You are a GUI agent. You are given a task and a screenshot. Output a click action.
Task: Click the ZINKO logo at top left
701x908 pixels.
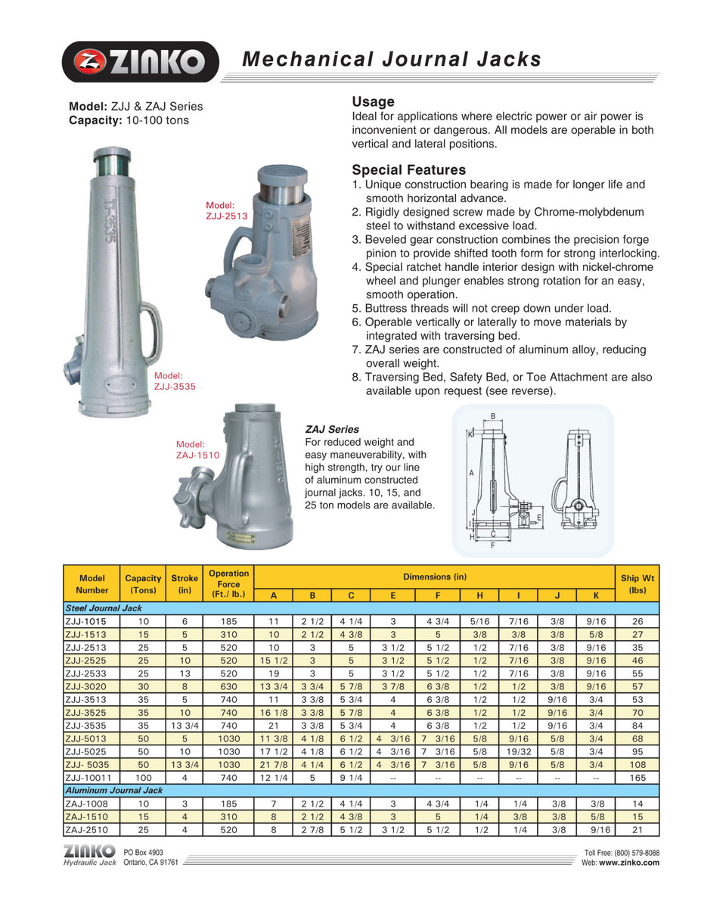(x=141, y=61)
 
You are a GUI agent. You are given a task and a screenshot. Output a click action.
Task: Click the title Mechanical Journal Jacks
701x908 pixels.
(x=391, y=59)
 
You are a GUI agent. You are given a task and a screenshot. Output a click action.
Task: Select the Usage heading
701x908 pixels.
(x=373, y=101)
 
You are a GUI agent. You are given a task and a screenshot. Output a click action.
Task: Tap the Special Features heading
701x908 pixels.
(x=408, y=169)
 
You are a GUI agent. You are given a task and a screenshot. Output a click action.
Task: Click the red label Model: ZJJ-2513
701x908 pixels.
(x=227, y=210)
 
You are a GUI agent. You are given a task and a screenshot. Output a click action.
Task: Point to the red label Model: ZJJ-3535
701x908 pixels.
(x=175, y=380)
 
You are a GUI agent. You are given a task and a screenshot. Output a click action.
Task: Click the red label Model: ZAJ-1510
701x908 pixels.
(x=197, y=449)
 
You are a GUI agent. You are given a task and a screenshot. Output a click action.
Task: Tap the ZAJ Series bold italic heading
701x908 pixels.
(x=331, y=429)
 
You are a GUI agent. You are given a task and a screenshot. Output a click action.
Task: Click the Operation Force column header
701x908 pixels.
(x=228, y=584)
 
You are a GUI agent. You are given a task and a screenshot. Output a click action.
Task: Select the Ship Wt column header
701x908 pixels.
(x=637, y=584)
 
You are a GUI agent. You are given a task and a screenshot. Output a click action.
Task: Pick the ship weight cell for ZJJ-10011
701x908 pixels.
(x=637, y=777)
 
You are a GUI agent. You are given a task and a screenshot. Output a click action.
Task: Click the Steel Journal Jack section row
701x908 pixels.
(x=103, y=608)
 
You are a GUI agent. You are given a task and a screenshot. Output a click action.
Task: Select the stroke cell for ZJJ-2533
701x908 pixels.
(x=185, y=673)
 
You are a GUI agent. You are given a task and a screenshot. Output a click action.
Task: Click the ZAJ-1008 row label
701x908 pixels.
(x=84, y=803)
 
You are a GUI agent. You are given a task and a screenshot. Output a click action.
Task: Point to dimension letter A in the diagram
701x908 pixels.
(x=472, y=472)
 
